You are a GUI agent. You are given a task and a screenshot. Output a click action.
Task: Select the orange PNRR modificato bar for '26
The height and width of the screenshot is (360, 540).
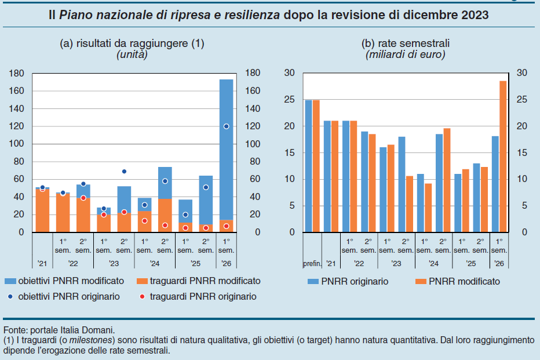click(503, 157)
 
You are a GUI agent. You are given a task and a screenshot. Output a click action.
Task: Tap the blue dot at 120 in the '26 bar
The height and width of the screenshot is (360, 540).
click(226, 126)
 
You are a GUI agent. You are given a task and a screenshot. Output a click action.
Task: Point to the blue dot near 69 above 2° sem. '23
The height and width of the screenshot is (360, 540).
click(124, 172)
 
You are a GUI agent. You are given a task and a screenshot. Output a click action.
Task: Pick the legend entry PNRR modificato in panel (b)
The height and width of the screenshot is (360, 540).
click(458, 282)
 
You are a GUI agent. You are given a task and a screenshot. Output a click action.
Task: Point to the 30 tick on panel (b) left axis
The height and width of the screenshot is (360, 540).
click(290, 74)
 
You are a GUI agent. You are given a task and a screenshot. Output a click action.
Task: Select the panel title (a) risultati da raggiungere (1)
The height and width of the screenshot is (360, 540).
click(132, 43)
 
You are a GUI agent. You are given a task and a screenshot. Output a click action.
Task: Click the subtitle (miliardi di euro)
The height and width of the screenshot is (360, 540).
click(405, 54)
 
